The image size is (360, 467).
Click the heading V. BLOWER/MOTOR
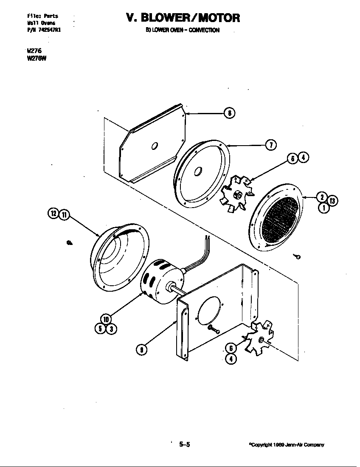pos(183,18)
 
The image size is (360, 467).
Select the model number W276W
pos(36,59)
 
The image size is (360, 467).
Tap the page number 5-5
pos(184,445)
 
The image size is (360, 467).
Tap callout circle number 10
pos(106,319)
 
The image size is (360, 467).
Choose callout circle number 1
pos(322,208)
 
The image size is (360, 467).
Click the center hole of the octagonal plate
pos(155,146)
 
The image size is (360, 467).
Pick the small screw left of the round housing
pos(70,242)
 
